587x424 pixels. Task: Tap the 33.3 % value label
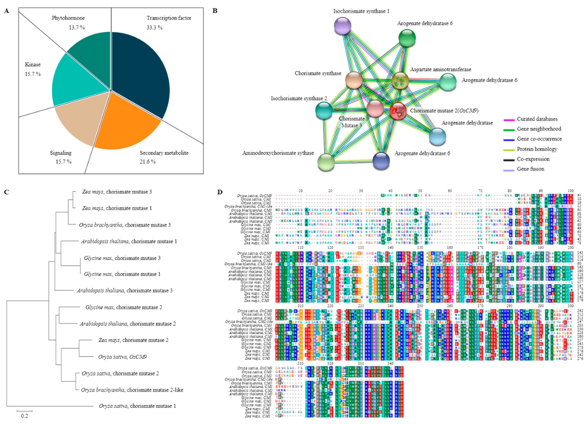tap(155, 28)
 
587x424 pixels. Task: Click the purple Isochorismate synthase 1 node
tap(342, 26)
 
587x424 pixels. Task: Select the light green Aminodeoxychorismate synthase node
tap(326, 162)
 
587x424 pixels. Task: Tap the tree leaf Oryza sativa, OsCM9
tap(122, 357)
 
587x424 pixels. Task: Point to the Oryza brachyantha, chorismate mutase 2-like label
tap(132, 390)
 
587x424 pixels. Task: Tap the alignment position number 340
tap(390, 364)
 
